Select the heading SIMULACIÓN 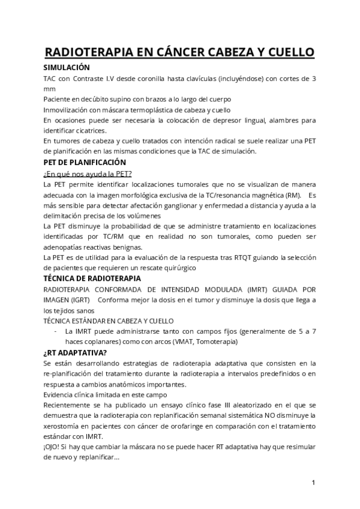(67, 68)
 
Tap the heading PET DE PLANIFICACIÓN (85, 162)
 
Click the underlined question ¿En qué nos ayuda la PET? (88, 174)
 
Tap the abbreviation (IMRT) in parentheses (259, 289)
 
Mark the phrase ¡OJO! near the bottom (53, 447)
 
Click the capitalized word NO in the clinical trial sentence (255, 415)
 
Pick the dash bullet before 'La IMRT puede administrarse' (56, 331)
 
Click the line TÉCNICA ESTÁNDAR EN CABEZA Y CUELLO (108, 321)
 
